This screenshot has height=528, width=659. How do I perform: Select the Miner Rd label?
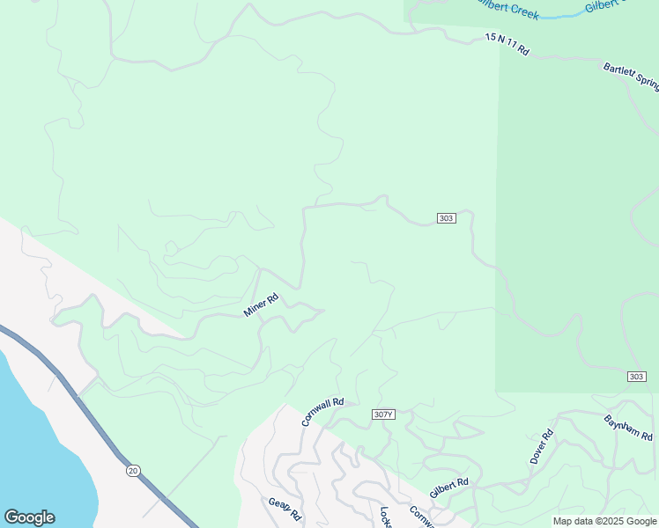(261, 304)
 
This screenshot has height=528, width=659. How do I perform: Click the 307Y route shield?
(382, 414)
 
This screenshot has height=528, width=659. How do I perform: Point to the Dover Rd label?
(542, 447)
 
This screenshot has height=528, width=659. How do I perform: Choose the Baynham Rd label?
(628, 429)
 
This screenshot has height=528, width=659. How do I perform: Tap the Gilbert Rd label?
(448, 488)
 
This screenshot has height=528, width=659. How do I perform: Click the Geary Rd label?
(285, 509)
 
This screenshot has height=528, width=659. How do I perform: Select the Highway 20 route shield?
(133, 471)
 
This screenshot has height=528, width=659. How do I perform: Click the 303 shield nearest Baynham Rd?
(637, 377)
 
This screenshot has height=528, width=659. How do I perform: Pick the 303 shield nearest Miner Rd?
(446, 218)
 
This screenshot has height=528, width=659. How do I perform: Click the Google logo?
(29, 517)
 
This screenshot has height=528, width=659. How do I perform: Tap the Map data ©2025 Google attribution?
(604, 521)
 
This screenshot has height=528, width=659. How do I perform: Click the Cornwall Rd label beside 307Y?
(322, 412)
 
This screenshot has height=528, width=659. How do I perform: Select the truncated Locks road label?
(385, 517)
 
